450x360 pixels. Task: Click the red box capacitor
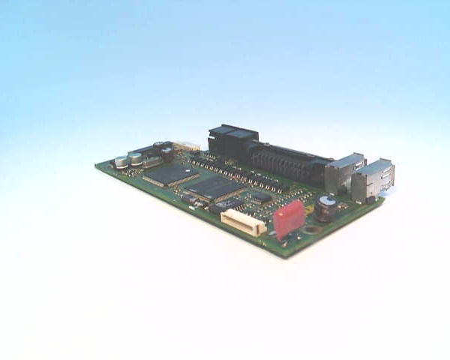point(289,218)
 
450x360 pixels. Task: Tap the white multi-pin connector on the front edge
point(241,222)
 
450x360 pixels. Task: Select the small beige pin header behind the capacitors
point(185,147)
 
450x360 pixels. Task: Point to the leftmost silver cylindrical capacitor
point(121,161)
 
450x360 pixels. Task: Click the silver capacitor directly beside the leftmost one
point(136,158)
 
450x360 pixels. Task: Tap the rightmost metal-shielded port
point(374,181)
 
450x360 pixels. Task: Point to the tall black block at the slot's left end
point(232,142)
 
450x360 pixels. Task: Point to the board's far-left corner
point(96,164)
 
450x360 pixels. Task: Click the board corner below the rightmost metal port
point(384,199)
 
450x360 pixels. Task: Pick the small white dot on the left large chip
point(148,178)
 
